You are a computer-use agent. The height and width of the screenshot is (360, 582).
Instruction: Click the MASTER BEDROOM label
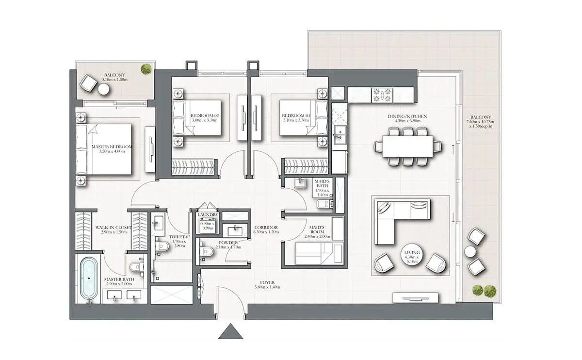[x=112, y=147]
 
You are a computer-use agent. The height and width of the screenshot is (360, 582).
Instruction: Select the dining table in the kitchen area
[x=407, y=147]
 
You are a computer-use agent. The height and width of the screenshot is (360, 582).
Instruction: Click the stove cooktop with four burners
[x=382, y=95]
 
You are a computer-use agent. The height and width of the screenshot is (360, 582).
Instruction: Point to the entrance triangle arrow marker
[x=230, y=331]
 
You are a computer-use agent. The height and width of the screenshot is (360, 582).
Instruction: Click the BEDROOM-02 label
[x=205, y=115]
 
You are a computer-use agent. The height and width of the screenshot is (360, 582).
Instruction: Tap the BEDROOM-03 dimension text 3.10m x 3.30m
[x=296, y=120]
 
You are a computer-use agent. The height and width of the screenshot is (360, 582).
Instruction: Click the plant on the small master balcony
[x=146, y=69]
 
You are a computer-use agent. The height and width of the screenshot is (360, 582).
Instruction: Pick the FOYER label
[x=267, y=282]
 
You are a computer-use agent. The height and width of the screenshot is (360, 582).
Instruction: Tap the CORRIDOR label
[x=266, y=228]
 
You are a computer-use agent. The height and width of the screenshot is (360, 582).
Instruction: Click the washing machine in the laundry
[x=208, y=225]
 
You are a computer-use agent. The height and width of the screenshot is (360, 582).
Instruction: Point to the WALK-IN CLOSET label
[x=113, y=228]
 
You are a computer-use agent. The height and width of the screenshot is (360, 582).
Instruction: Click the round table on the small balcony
[x=104, y=89]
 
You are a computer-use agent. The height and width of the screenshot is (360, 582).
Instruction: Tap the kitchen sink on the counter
[x=339, y=135]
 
